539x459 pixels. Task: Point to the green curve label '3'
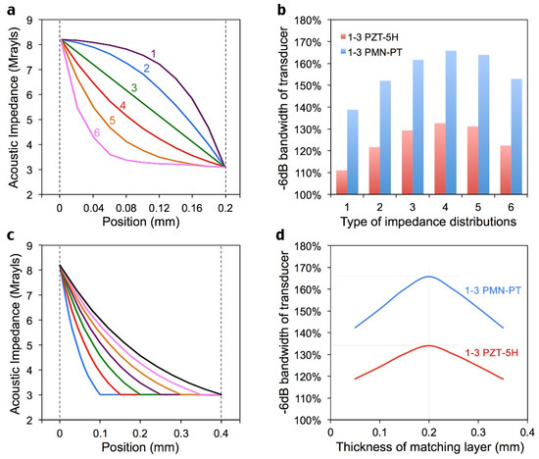132,89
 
